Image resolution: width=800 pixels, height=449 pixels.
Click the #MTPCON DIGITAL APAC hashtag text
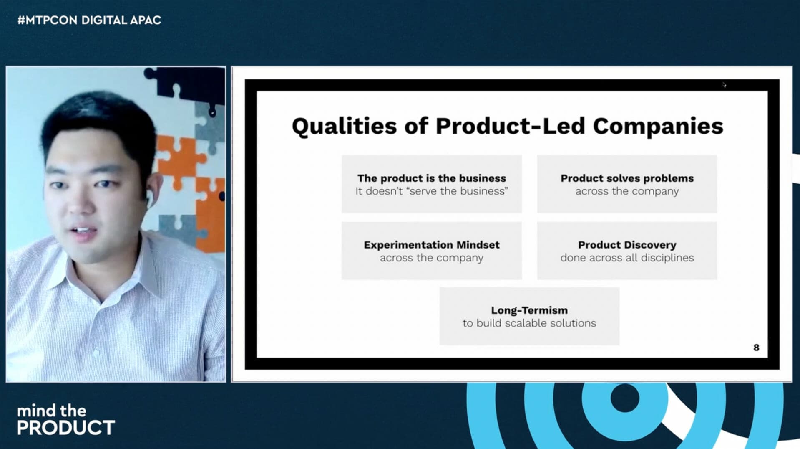pos(89,20)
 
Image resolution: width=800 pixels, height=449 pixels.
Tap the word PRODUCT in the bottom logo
pos(66,428)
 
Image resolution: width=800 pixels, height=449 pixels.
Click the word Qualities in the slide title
pos(344,127)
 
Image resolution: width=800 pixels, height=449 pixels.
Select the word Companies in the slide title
pos(658,127)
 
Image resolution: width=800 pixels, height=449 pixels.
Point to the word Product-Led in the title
pos(510,126)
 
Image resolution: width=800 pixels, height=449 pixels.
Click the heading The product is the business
pos(432,178)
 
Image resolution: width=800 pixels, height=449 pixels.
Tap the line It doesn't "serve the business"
pos(432,191)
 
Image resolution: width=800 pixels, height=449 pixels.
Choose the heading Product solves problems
pos(627,178)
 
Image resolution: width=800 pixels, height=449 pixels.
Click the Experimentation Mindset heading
pos(432,245)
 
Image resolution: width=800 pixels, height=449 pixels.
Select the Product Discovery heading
pos(627,245)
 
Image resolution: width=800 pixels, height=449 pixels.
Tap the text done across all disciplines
pos(627,258)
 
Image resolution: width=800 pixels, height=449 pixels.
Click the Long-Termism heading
pos(529,310)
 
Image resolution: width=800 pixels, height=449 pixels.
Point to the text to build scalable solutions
pos(529,323)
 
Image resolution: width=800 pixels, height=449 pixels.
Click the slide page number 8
pos(756,348)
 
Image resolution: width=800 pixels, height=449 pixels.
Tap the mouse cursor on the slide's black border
pos(725,85)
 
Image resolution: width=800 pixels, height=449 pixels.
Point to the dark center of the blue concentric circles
pos(625,398)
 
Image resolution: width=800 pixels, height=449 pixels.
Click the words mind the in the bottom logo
pos(52,411)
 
